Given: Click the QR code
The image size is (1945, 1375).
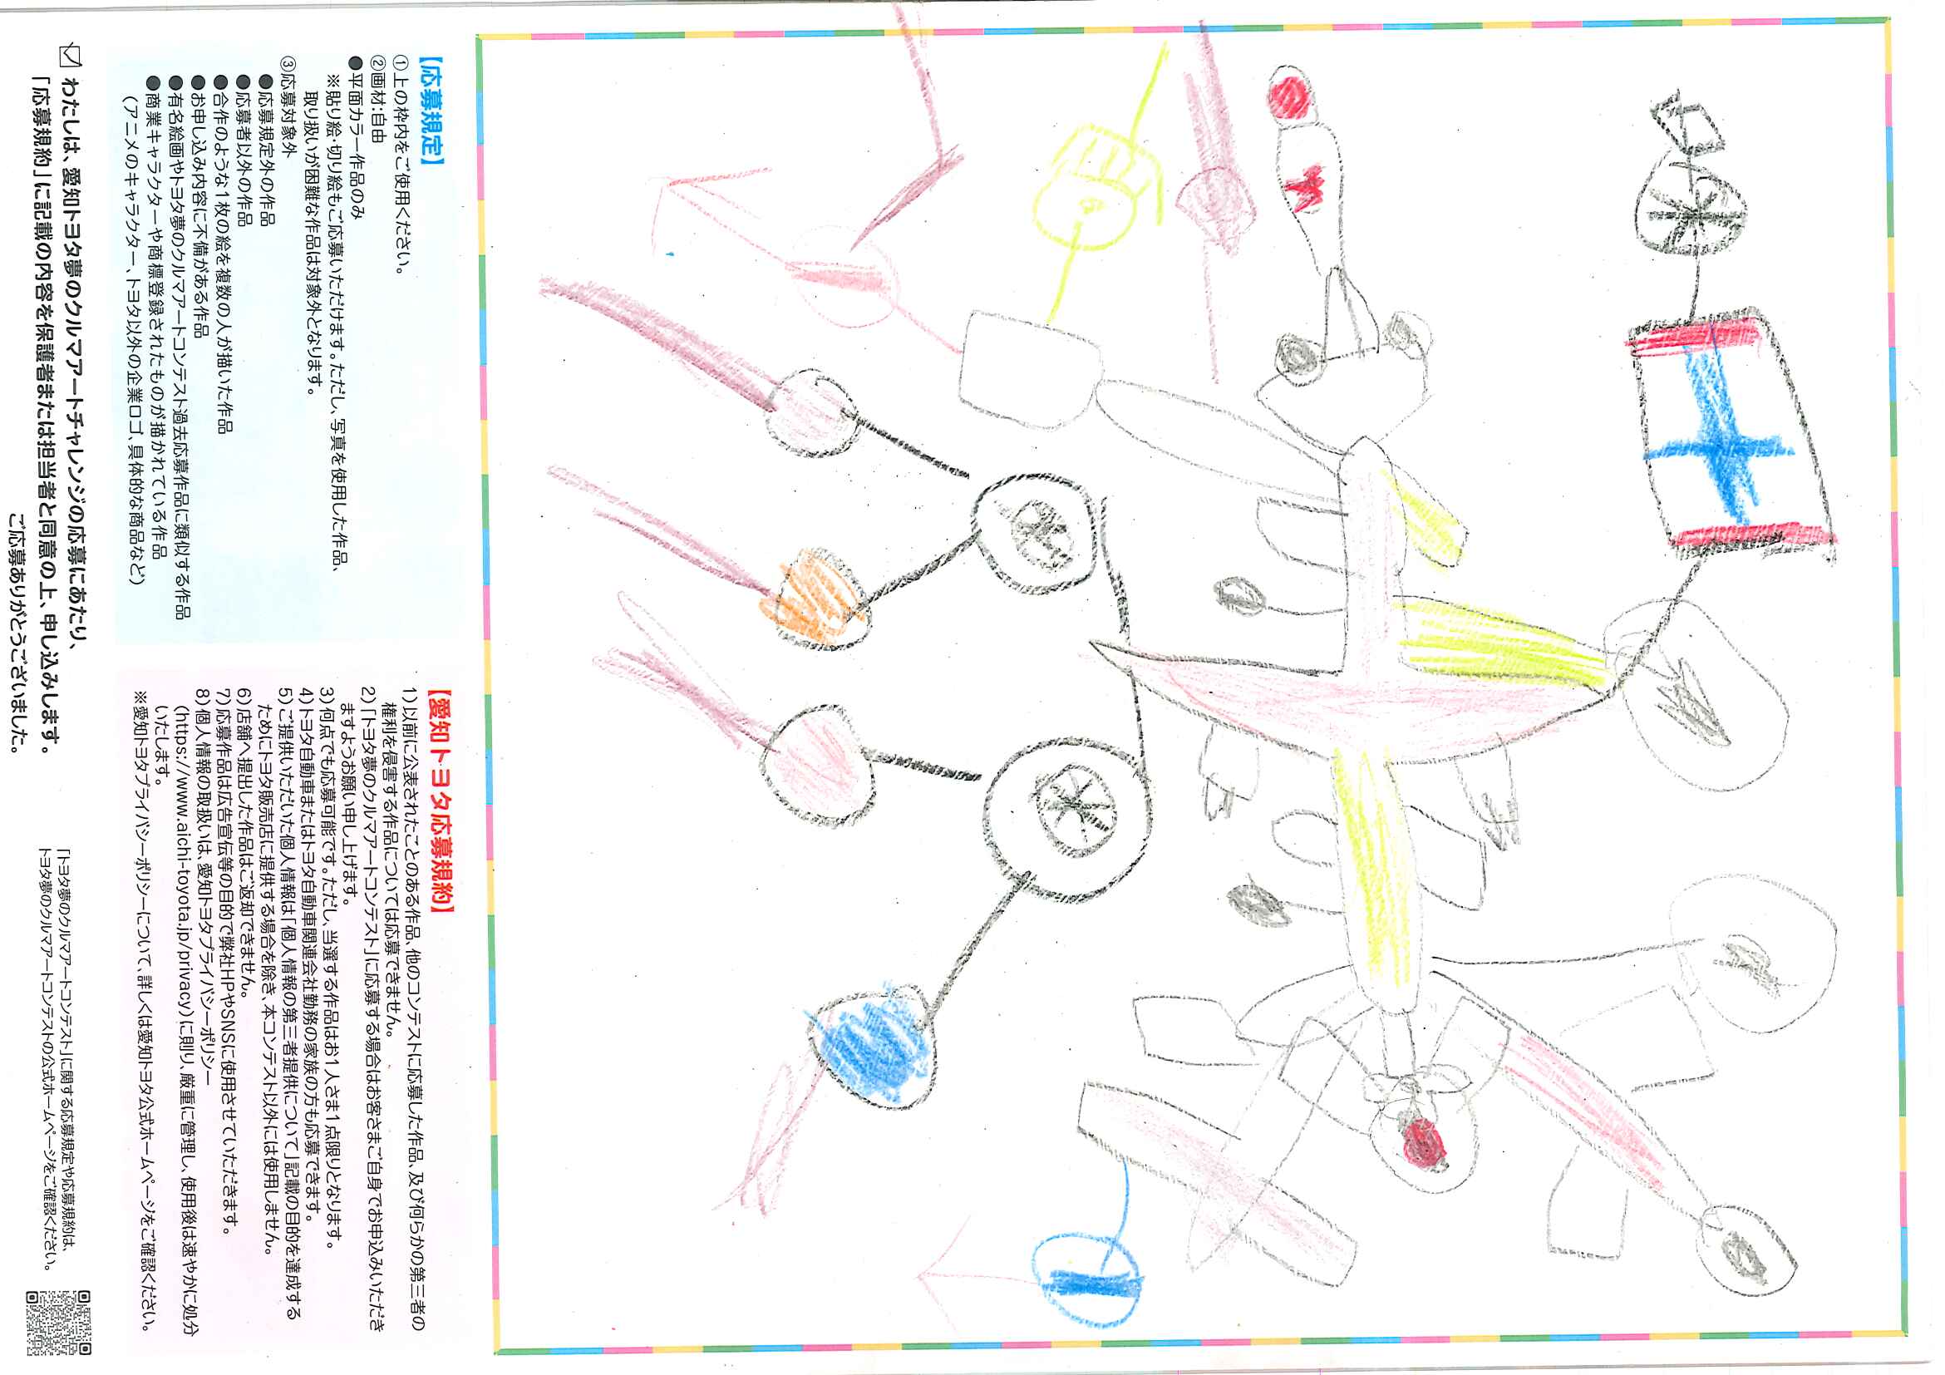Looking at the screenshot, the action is (58, 1323).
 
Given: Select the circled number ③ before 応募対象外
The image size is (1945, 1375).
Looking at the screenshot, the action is (290, 64).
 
